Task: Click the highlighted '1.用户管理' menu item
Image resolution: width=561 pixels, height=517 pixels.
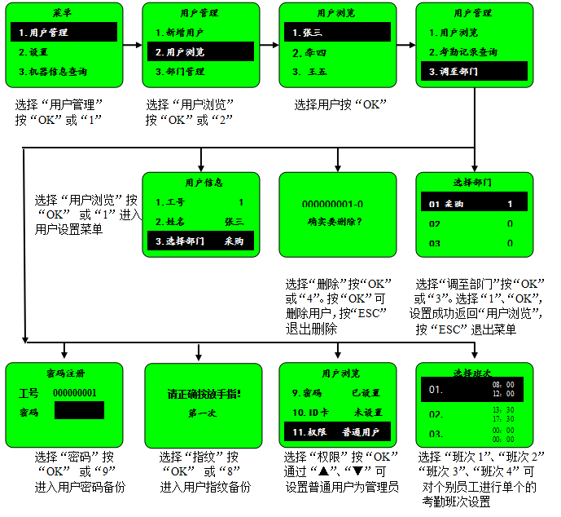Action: click(x=64, y=33)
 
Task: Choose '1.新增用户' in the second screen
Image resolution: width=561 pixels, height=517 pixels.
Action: click(x=180, y=33)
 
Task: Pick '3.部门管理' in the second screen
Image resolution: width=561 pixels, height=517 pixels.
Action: click(x=180, y=72)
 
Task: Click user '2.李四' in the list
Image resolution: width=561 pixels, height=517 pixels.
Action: click(x=310, y=52)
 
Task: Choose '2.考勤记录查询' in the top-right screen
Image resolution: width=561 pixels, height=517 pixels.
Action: click(x=462, y=52)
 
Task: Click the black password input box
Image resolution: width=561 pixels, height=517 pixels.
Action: click(x=79, y=410)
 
